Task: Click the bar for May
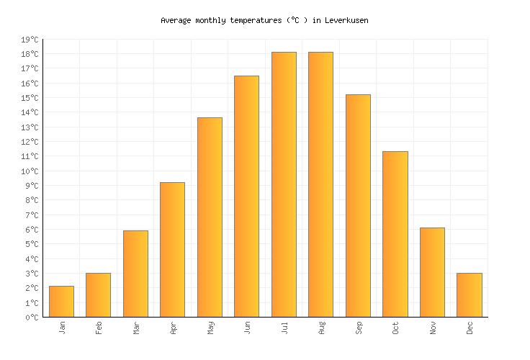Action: click(210, 217)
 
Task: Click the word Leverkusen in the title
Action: click(346, 20)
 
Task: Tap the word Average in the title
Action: click(176, 20)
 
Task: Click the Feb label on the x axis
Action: click(99, 328)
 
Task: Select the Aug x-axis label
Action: click(321, 328)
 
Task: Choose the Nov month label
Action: click(432, 328)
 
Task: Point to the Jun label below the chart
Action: click(247, 328)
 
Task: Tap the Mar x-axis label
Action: click(135, 328)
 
